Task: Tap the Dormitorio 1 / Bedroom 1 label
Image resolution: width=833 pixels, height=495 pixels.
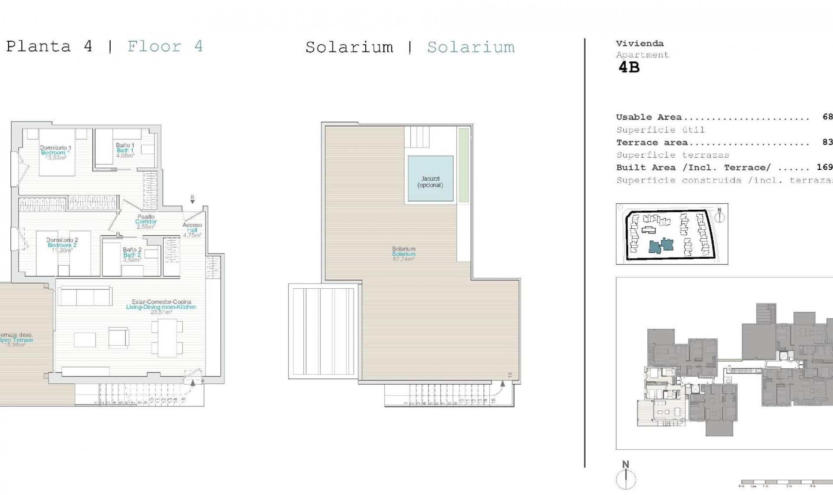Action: click(x=55, y=152)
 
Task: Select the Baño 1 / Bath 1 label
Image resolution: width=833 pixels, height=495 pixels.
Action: click(x=125, y=150)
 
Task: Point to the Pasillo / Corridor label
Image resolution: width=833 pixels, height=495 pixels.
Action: click(x=146, y=221)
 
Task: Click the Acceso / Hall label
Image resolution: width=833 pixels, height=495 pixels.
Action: click(x=192, y=230)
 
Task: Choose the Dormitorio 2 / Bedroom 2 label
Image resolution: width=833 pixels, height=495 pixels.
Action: click(x=62, y=245)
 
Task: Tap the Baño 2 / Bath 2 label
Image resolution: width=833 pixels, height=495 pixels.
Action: click(x=132, y=255)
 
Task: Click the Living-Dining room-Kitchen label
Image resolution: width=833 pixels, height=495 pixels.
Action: click(x=161, y=307)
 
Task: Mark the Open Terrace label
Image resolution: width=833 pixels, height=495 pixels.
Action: click(x=16, y=340)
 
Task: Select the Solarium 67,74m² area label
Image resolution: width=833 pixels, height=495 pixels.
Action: click(x=403, y=254)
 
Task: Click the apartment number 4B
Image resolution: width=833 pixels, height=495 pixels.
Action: click(x=629, y=67)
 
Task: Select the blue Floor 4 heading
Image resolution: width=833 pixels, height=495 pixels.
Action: click(x=165, y=46)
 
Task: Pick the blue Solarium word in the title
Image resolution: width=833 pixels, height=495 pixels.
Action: click(x=471, y=47)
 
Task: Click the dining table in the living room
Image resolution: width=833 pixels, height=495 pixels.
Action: click(x=167, y=337)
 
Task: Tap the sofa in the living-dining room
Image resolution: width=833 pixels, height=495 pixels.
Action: click(x=85, y=297)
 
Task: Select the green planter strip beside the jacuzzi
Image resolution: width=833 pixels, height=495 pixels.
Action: click(x=464, y=165)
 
